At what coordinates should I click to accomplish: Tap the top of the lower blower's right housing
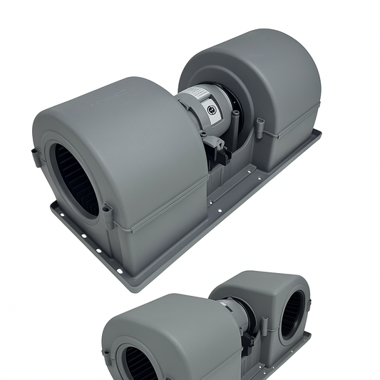264,278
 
